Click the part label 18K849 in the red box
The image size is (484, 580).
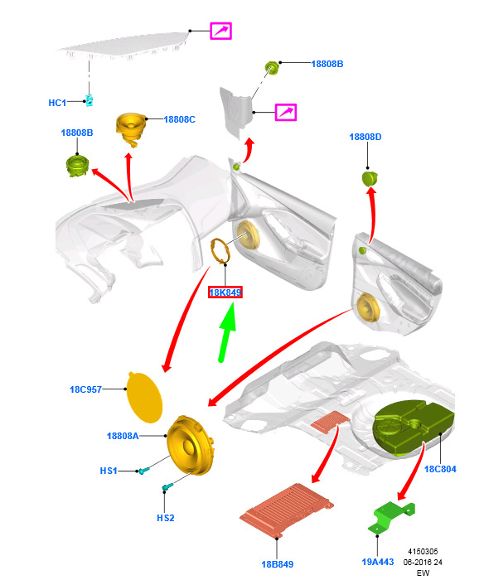[x=225, y=292]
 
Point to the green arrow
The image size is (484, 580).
[x=226, y=332]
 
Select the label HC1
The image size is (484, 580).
[x=57, y=103]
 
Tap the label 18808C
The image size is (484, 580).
[x=180, y=119]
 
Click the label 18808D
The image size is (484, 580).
[x=365, y=137]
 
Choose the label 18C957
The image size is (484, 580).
[x=85, y=389]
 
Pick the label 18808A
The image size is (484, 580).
[x=123, y=436]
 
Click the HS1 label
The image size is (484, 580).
[x=109, y=471]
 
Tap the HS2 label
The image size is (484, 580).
[x=166, y=518]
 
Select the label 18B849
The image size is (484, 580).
[x=277, y=564]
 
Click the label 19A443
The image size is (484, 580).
[x=377, y=562]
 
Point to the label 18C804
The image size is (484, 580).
[x=440, y=469]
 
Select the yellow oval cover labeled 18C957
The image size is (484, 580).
[x=144, y=398]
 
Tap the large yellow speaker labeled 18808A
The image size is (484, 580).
[x=189, y=446]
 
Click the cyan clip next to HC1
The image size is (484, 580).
[x=90, y=100]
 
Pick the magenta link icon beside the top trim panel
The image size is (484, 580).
[x=221, y=31]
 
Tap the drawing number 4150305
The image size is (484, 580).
[x=423, y=552]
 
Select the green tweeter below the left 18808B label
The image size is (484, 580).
[x=77, y=166]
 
